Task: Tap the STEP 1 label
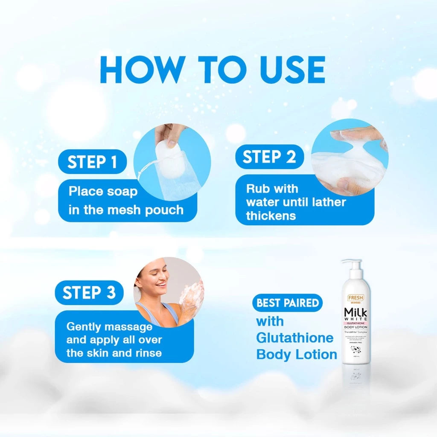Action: pyautogui.click(x=92, y=163)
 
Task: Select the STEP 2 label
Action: pyautogui.click(x=269, y=157)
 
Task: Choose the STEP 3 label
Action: pyautogui.click(x=89, y=293)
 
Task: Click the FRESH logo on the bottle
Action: pyautogui.click(x=355, y=297)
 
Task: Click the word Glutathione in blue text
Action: pyautogui.click(x=294, y=338)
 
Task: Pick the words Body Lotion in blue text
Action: pyautogui.click(x=297, y=354)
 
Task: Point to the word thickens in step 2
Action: pyautogui.click(x=271, y=216)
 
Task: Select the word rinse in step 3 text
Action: pyautogui.click(x=147, y=353)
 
